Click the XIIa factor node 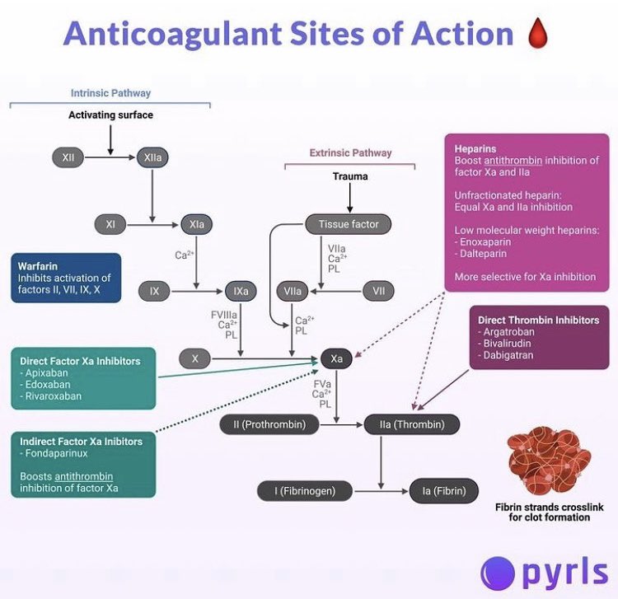point(152,157)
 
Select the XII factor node point(68,157)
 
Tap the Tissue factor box point(349,223)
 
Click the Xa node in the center point(336,358)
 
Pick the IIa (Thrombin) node point(412,424)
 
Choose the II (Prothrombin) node point(269,424)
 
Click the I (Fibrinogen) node point(306,491)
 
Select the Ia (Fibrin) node point(444,491)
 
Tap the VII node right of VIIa point(378,291)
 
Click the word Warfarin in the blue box point(40,266)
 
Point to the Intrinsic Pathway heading point(110,93)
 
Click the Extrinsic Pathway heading point(350,152)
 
